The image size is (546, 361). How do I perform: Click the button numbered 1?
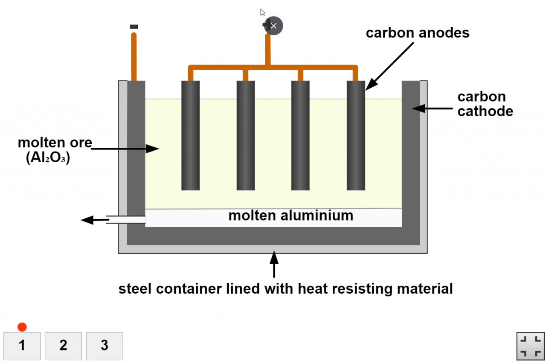pos(22,346)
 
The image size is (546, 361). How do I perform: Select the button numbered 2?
pos(63,346)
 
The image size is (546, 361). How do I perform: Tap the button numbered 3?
pos(105,346)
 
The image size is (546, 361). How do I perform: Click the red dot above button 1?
pos(22,327)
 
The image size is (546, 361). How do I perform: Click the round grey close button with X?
pos(274,26)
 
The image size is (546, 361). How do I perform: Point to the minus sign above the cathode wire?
pos(134,27)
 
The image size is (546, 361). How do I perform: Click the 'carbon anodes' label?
pos(417,33)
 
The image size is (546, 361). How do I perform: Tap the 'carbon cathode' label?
pos(485,104)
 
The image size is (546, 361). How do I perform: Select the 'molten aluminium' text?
pos(291,216)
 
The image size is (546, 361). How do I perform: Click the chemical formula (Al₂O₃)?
pos(48,158)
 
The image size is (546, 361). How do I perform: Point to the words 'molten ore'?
pos(55,143)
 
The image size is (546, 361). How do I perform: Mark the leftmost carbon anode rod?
pos(190,135)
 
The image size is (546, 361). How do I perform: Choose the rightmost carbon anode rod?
pos(356,135)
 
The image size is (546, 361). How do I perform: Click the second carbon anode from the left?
pos(246,135)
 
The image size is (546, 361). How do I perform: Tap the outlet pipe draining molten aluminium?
pos(125,220)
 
